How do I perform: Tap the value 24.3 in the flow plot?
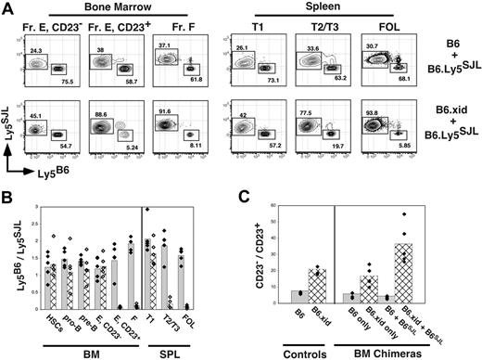pos(37,49)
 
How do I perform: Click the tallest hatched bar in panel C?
pos(403,273)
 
